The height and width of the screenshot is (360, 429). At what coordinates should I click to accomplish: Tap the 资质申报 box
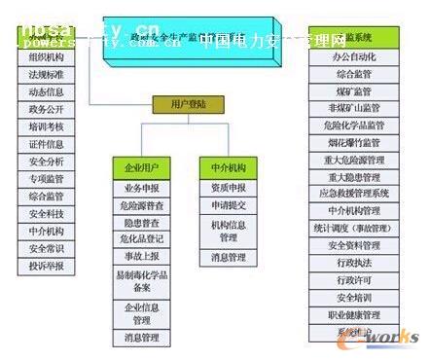click(228, 188)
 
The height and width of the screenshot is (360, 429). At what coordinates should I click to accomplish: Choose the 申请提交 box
click(228, 206)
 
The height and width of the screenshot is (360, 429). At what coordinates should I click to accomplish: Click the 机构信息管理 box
click(228, 231)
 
